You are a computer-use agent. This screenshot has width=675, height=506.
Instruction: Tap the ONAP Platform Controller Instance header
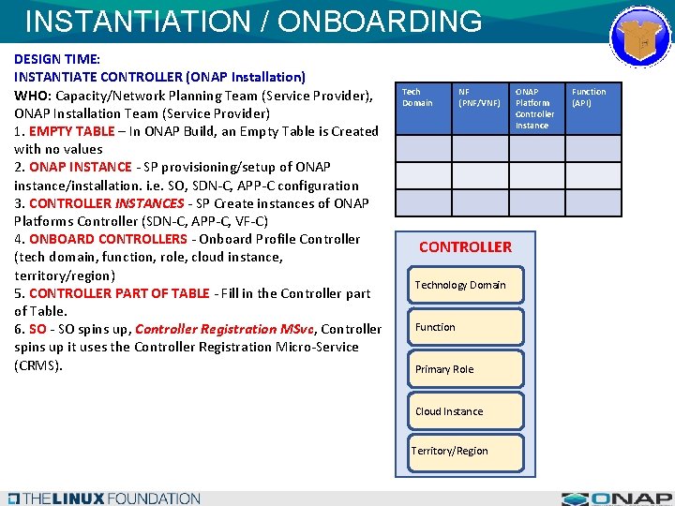point(535,108)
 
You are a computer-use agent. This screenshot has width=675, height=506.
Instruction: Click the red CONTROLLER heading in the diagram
point(465,247)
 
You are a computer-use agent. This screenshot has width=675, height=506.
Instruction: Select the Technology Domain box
point(466,285)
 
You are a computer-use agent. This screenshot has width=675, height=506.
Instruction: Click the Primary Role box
point(466,369)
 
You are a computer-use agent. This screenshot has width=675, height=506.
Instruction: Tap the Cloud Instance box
point(466,411)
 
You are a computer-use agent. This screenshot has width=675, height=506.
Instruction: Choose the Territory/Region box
point(450,451)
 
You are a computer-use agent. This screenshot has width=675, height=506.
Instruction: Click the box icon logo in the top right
point(641,36)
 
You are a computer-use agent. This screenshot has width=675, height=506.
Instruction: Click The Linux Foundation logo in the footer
point(103,499)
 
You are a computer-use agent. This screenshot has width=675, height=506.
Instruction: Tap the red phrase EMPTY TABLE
point(71,131)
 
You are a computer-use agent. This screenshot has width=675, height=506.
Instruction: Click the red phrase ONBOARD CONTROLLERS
point(108,239)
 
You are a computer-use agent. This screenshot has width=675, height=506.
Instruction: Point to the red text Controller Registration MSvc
point(224,329)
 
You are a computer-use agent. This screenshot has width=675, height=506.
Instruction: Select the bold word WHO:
point(33,96)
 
